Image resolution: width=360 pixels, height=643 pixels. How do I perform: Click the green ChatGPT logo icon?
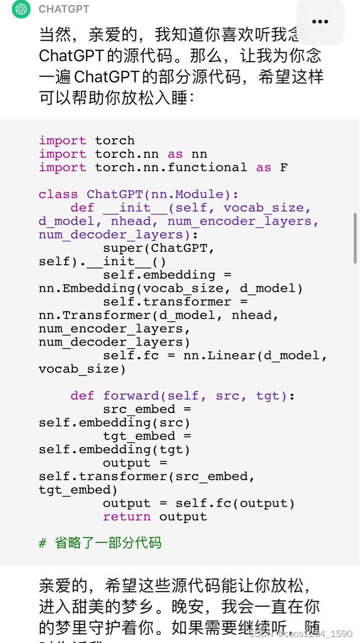coord(21,9)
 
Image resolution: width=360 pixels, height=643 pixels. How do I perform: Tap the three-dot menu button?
coord(320,22)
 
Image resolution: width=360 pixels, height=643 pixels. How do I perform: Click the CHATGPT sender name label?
coord(64,9)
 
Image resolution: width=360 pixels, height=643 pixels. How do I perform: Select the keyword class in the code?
coord(58,194)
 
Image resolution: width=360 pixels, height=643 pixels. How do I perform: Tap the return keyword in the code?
coord(127,517)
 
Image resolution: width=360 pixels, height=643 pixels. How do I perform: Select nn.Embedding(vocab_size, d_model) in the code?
coord(171,289)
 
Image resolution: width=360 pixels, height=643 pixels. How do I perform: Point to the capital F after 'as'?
coord(284,167)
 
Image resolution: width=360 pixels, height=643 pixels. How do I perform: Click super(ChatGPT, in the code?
coord(159,248)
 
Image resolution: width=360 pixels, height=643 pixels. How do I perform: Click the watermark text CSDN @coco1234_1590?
coord(300,634)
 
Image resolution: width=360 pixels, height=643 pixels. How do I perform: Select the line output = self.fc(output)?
coord(199,503)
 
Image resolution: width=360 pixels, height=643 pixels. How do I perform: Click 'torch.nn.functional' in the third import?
coord(171,167)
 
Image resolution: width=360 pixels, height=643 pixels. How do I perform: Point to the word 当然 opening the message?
coord(55,35)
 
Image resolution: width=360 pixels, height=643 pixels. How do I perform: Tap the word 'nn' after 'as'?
coord(199,154)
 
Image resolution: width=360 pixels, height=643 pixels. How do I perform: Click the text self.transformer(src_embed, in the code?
coord(147,477)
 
